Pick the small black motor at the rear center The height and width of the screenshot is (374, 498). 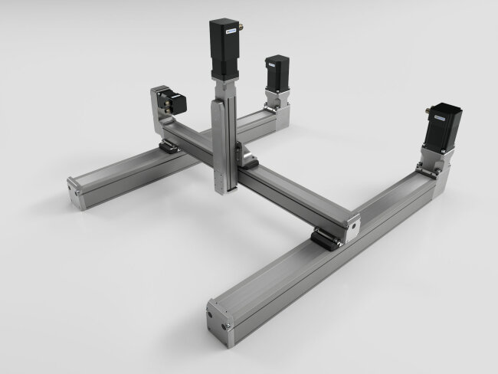277,72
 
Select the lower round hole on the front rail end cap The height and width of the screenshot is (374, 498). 228,326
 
